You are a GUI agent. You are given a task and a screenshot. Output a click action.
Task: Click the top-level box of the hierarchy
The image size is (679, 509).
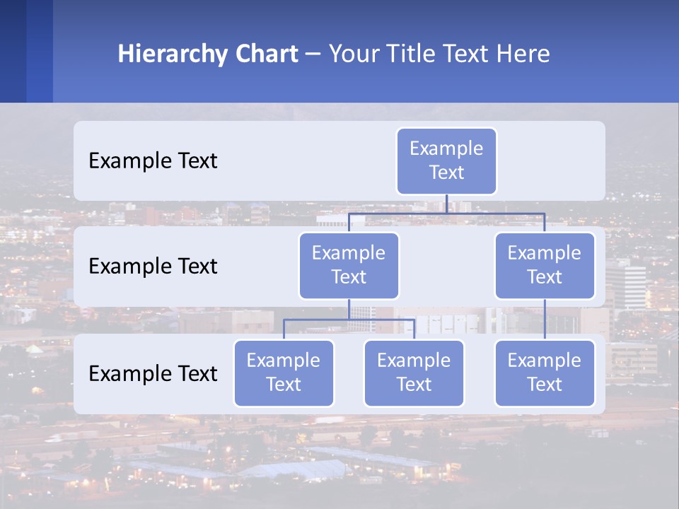(446, 160)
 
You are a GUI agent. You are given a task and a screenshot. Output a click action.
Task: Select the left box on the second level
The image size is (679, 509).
(349, 265)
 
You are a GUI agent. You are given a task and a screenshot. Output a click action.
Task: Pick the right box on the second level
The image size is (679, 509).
(545, 265)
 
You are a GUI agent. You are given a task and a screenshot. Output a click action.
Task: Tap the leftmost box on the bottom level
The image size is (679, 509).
(284, 373)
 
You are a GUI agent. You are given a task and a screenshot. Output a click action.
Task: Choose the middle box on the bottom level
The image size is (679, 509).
(414, 373)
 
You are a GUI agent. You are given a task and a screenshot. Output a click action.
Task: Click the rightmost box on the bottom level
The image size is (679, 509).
(545, 373)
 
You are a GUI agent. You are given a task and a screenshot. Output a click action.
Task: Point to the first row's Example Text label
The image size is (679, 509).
(153, 160)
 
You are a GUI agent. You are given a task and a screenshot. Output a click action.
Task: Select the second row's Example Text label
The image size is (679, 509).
(153, 266)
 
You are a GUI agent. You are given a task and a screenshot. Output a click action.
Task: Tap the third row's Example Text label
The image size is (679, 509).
(153, 373)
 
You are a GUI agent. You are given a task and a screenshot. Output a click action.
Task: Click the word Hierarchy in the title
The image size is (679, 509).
(173, 54)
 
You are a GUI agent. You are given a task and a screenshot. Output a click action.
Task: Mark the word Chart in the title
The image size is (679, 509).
(266, 54)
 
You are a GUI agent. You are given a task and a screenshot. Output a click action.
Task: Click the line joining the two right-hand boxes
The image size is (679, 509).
(545, 320)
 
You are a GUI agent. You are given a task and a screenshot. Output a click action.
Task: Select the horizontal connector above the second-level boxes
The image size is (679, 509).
(446, 213)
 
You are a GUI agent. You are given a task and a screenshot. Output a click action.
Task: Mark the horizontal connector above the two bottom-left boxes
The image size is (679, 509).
(349, 320)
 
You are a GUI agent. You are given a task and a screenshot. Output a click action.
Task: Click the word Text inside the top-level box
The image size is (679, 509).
(446, 172)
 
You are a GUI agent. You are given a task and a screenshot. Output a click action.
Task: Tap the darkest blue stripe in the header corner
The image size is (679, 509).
(13, 51)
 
